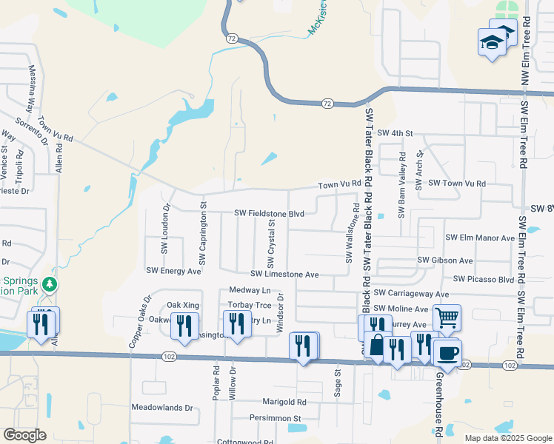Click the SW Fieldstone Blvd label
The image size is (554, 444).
tap(269, 213)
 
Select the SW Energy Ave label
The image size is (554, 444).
tap(173, 272)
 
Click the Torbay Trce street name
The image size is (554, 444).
tap(248, 305)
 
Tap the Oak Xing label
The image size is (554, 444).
tap(183, 305)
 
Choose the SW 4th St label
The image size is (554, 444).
tap(394, 133)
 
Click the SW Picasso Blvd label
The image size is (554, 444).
tap(484, 279)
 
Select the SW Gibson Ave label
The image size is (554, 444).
tap(444, 260)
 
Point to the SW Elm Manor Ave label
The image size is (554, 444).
tap(479, 238)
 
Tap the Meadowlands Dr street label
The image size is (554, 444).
tap(161, 408)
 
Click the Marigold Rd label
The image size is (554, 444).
tap(284, 402)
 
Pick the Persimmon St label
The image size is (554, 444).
tap(276, 418)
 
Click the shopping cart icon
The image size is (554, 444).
tap(447, 317)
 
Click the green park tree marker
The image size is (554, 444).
tap(50, 284)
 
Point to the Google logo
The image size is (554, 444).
tap(25, 435)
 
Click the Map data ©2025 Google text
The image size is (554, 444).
tap(507, 438)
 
